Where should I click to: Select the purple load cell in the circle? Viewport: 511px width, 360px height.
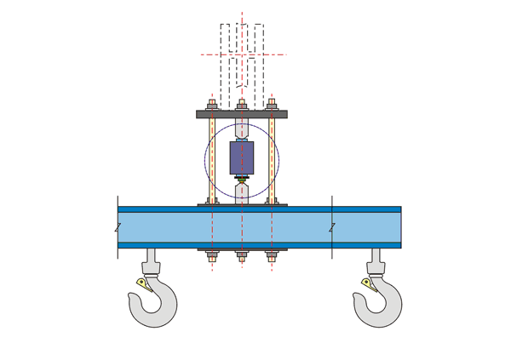click(242, 158)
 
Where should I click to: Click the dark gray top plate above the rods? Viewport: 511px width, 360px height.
click(242, 114)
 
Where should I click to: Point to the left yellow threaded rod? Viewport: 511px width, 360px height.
click(212, 158)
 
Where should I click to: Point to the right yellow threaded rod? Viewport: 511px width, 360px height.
click(272, 158)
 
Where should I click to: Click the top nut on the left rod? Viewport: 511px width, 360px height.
click(212, 106)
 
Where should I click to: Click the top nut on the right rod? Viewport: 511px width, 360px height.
click(272, 106)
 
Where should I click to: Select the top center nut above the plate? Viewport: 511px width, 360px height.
click(242, 106)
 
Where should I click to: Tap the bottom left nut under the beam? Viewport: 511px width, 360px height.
click(212, 254)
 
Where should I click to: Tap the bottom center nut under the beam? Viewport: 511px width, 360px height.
click(242, 254)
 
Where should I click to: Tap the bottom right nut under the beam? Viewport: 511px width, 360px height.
click(272, 254)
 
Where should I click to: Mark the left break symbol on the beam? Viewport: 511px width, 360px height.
click(118, 227)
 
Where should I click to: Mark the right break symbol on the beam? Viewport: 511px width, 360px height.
click(332, 227)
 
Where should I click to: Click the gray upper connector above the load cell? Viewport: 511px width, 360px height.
click(242, 130)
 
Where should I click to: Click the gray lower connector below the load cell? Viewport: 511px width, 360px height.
click(242, 189)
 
